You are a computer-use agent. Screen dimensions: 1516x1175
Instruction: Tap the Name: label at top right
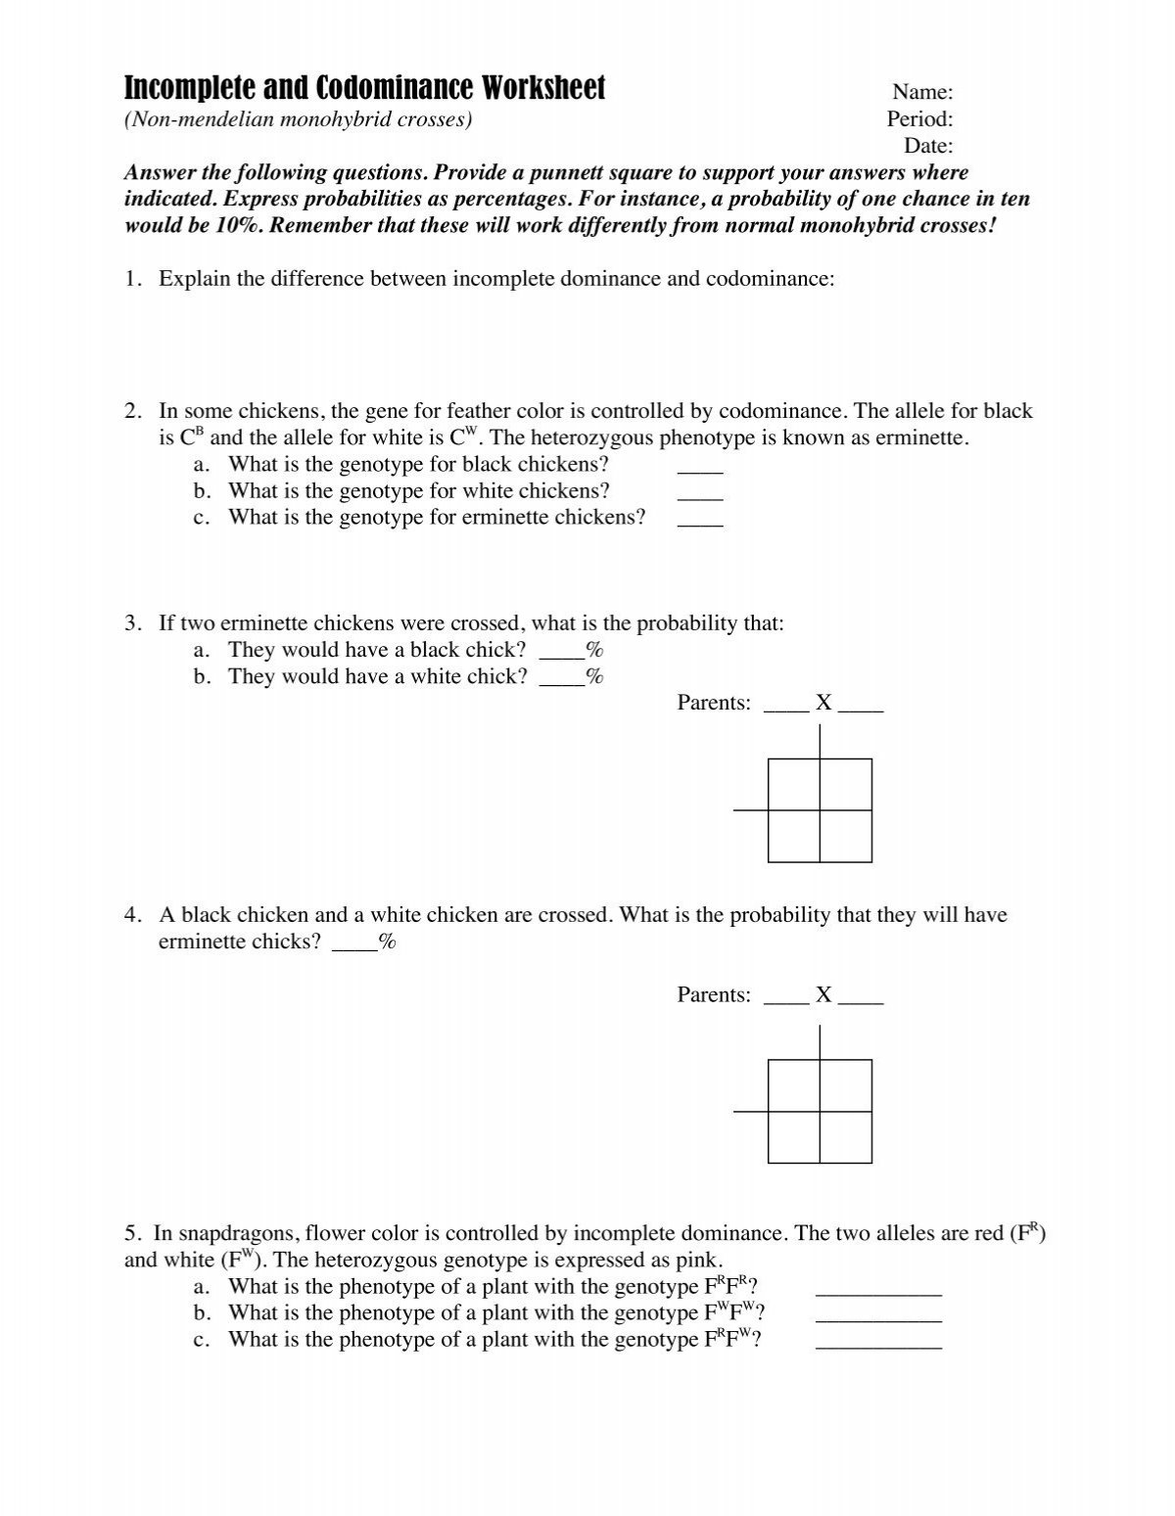click(x=922, y=92)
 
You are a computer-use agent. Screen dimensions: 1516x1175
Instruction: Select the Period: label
click(x=919, y=119)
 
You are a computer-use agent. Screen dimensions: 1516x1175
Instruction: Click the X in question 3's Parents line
click(x=823, y=703)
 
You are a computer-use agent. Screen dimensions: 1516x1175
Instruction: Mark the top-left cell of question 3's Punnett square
click(x=794, y=784)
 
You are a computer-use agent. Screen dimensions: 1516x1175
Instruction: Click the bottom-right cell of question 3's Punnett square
click(x=845, y=836)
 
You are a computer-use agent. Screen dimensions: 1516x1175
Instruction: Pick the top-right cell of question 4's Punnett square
click(x=845, y=1085)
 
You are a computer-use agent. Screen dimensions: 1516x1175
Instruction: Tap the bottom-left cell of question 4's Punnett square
click(x=794, y=1137)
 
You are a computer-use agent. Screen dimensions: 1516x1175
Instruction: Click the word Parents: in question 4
click(x=714, y=995)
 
